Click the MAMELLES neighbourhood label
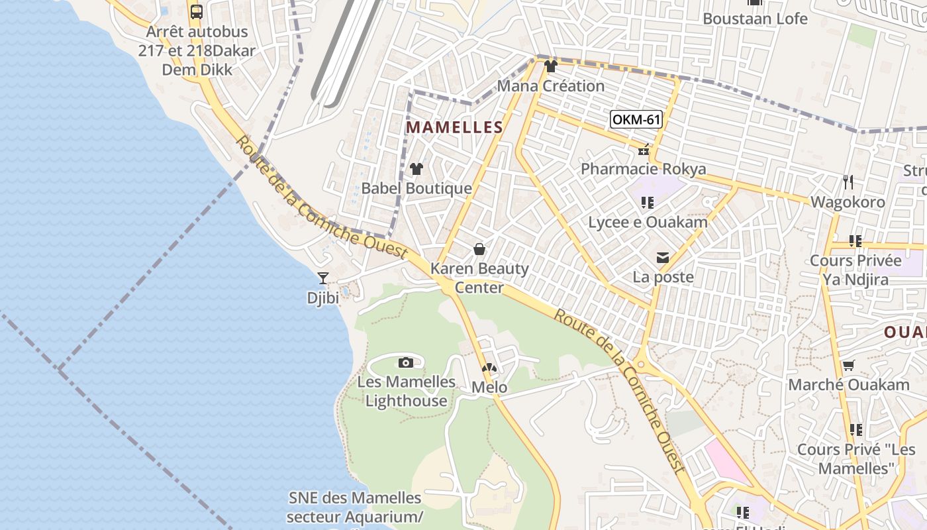click(454, 127)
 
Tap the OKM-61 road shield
click(636, 119)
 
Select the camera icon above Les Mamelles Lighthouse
click(406, 362)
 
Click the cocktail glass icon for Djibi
click(323, 278)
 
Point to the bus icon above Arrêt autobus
click(197, 11)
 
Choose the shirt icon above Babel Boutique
click(416, 169)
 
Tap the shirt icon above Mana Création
click(550, 66)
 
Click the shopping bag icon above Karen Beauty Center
click(479, 249)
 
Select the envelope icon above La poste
click(663, 257)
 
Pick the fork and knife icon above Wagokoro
click(848, 182)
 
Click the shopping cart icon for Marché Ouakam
click(848, 365)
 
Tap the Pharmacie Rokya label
click(644, 169)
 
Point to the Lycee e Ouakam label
click(648, 222)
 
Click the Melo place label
click(489, 388)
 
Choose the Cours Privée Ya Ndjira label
click(855, 270)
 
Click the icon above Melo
click(489, 368)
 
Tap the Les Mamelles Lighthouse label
click(407, 391)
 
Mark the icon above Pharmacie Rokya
click(643, 150)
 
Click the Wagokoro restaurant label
click(848, 202)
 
